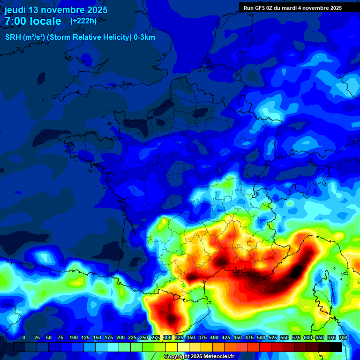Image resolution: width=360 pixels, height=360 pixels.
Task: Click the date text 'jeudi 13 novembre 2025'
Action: (x=56, y=10)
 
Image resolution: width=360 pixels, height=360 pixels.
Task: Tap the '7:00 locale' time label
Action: (x=33, y=21)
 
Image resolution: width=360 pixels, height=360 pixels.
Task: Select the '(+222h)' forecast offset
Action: (x=83, y=21)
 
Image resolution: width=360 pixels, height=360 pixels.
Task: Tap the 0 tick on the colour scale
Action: (x=24, y=337)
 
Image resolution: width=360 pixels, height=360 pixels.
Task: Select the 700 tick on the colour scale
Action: (x=343, y=337)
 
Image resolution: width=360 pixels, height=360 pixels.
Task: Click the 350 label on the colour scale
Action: (x=191, y=337)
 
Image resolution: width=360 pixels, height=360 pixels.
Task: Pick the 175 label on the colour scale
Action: (x=109, y=337)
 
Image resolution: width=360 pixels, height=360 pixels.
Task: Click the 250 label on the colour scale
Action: (x=144, y=337)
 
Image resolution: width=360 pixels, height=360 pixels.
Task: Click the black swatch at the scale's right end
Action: (x=336, y=347)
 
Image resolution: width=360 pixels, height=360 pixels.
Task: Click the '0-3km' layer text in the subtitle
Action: (x=144, y=37)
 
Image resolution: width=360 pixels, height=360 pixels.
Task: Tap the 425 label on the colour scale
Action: (x=226, y=337)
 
